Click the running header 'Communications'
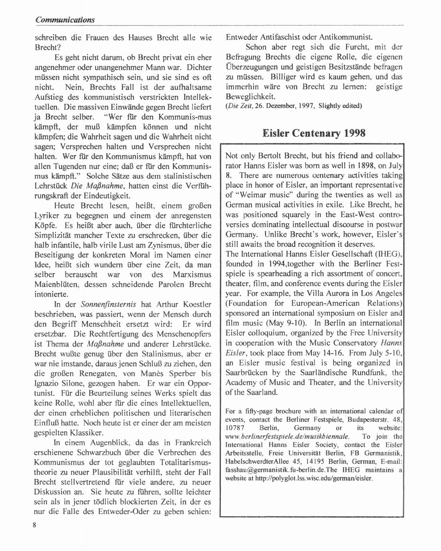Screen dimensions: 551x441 click(64, 20)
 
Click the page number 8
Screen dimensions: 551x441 click(35, 525)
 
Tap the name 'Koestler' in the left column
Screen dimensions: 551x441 click(194, 304)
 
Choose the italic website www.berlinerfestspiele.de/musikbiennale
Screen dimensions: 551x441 click(289, 436)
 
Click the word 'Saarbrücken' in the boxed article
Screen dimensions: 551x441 click(246, 373)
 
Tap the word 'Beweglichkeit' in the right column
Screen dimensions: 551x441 click(251, 96)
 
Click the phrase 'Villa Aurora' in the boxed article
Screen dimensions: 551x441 click(327, 293)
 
